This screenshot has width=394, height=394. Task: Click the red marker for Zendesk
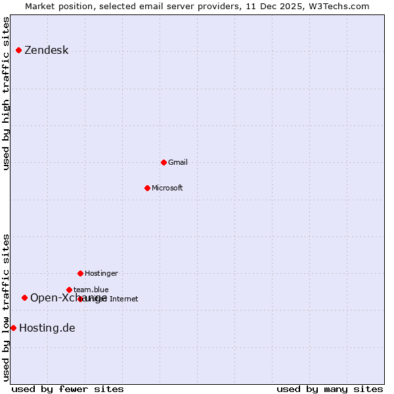[18, 51]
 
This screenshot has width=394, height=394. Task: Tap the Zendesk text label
[46, 51]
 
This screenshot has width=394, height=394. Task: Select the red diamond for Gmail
[164, 162]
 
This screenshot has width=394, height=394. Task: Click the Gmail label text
[177, 162]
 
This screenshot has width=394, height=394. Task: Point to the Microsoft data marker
[147, 188]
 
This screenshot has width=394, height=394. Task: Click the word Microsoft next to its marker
[167, 188]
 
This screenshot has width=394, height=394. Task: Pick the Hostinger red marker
[80, 273]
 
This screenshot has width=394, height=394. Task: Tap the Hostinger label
[101, 273]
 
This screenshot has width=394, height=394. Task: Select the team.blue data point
[69, 290]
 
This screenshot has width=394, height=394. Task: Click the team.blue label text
[91, 290]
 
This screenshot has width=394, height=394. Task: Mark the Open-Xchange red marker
[24, 297]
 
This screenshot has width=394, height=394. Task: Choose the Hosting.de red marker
[13, 328]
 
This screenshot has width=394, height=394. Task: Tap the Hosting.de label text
[47, 328]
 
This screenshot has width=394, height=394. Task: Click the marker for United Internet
[80, 299]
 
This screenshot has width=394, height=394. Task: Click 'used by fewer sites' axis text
[68, 389]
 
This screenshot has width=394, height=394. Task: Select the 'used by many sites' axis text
[330, 389]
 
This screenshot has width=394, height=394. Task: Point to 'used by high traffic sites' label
[7, 94]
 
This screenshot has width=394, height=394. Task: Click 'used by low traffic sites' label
[7, 307]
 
